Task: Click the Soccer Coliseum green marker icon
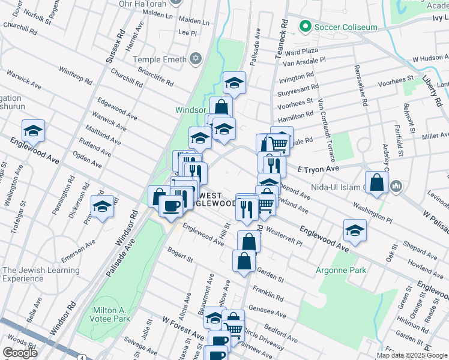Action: [x=306, y=27]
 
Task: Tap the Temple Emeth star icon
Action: [x=194, y=59]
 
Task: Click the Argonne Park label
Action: [x=341, y=271]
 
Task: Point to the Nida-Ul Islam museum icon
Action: [x=396, y=188]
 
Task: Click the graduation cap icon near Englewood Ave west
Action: [x=34, y=130]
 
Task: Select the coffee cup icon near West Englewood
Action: [x=171, y=206]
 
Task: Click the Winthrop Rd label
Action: [x=75, y=76]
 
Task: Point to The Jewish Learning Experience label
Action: [x=40, y=274]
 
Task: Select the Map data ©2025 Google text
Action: [x=411, y=355]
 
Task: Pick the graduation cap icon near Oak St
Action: [x=355, y=230]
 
